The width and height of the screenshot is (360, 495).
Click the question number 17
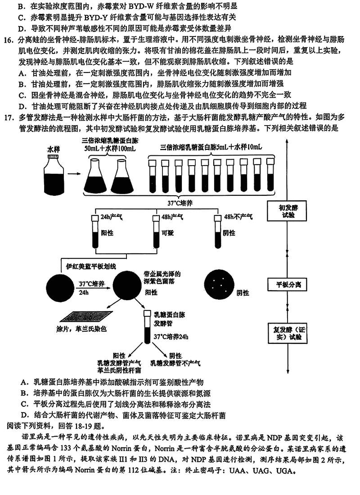(x=9, y=118)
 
